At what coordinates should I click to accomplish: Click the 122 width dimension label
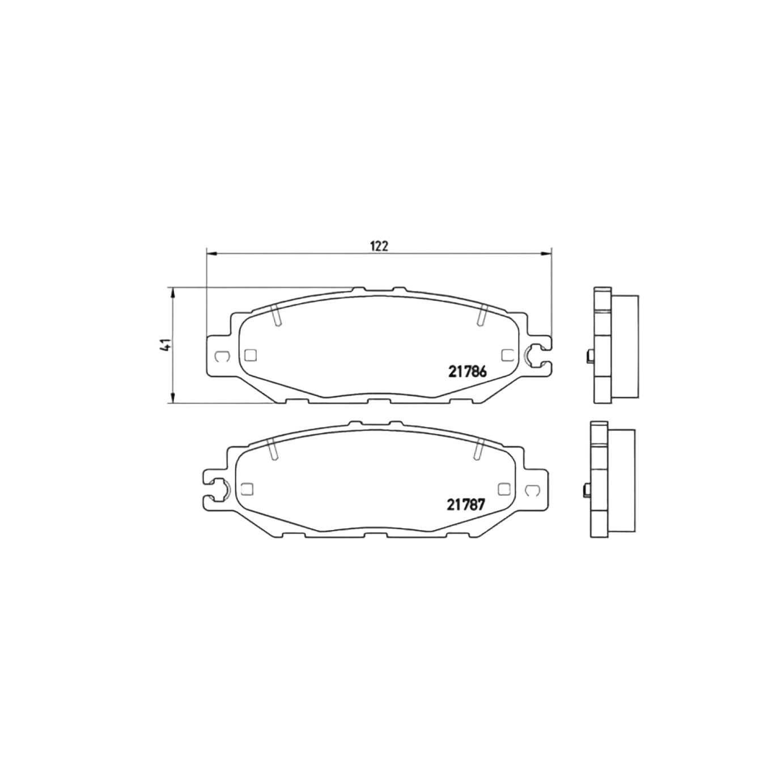pos(379,245)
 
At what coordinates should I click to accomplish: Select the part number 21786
pos(468,372)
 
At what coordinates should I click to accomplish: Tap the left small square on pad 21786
pos(250,355)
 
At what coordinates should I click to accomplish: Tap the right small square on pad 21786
pos(507,355)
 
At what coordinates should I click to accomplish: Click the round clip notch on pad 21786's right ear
pos(534,355)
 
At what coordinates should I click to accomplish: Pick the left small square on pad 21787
pos(246,489)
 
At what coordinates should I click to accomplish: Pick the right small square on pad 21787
pos(502,489)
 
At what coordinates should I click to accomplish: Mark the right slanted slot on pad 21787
pos(477,449)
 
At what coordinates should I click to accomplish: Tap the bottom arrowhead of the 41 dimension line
pos(172,398)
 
